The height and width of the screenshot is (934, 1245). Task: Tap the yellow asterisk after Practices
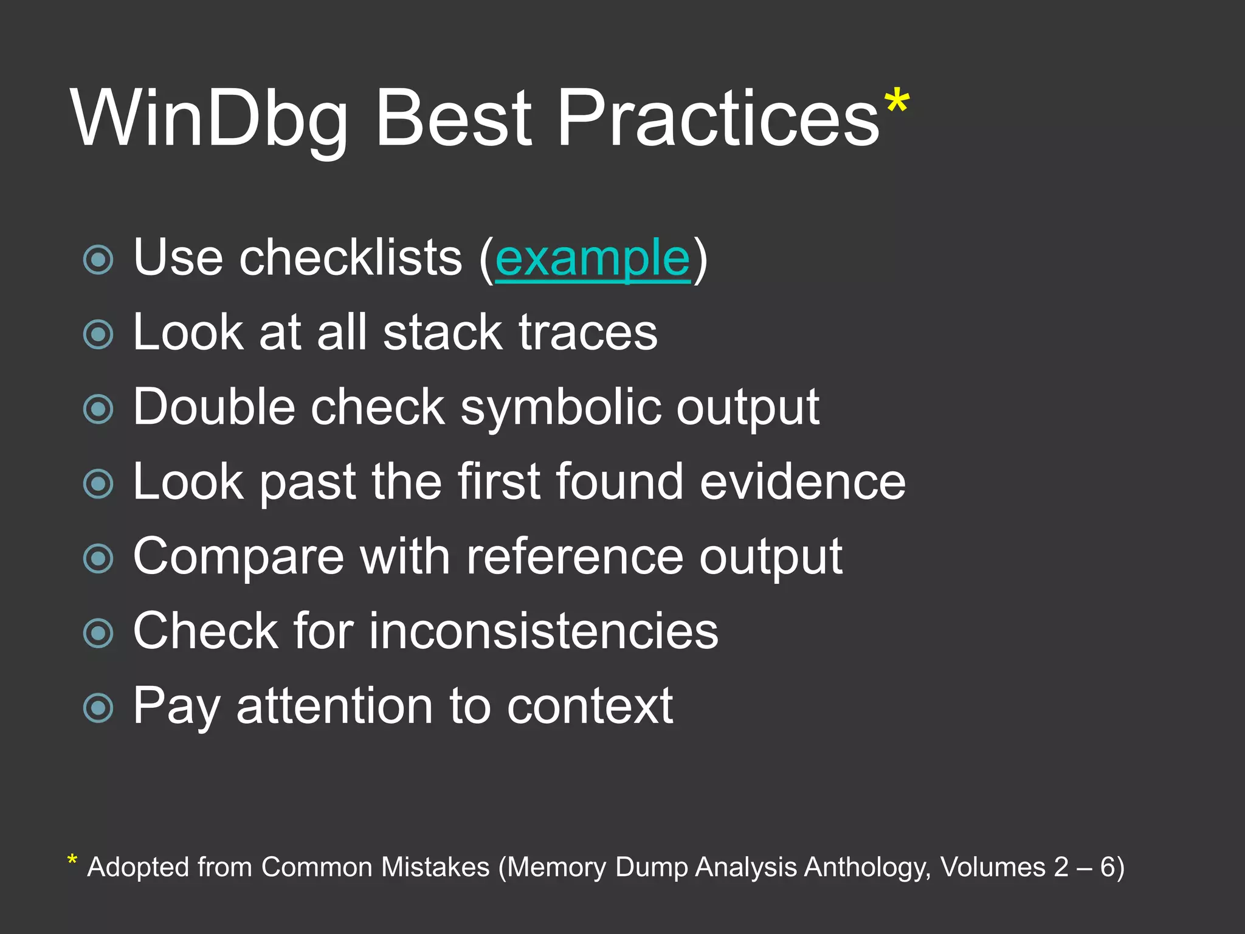point(897,102)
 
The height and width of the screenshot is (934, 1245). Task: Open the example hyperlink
point(593,258)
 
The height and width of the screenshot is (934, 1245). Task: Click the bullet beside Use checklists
point(98,260)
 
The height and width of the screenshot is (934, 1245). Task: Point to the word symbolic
point(560,407)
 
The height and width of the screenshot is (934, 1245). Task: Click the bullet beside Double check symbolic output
point(98,409)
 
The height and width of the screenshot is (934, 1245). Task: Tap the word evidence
point(802,482)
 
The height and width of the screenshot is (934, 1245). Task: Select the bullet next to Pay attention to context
point(98,708)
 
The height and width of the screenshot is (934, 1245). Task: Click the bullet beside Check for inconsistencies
point(98,633)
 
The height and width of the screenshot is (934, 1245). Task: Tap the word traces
point(588,333)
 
